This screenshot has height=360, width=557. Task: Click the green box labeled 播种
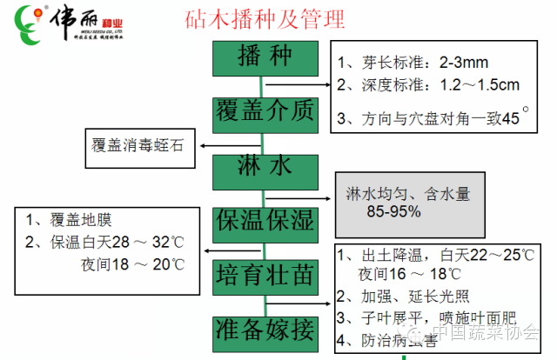(265, 57)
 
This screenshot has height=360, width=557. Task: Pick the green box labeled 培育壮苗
(265, 275)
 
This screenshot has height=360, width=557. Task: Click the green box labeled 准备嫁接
(265, 330)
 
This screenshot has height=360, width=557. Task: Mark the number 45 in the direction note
(510, 118)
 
